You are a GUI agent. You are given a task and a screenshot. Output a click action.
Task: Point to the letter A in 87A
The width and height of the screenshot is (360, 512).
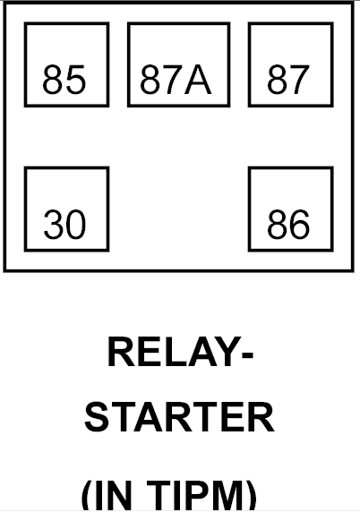(198, 80)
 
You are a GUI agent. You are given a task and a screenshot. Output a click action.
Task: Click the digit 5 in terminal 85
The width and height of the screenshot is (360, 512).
(76, 80)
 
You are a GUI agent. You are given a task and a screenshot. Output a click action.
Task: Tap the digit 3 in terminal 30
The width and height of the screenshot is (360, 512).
(54, 225)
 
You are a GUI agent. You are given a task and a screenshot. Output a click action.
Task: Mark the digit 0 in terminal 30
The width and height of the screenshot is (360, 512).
(76, 225)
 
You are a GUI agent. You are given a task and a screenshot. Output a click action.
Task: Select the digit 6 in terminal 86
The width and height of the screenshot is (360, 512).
(299, 225)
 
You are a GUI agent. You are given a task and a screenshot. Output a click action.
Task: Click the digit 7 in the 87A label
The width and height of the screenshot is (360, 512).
(173, 80)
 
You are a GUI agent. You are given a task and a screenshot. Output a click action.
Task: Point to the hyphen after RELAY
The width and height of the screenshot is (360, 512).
(247, 355)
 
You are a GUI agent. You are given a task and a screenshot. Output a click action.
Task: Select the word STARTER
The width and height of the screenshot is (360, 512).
(179, 417)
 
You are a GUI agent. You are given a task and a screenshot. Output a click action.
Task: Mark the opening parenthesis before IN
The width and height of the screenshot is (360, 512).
(87, 496)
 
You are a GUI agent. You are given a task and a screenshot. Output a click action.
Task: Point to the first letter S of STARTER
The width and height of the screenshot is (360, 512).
(97, 417)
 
